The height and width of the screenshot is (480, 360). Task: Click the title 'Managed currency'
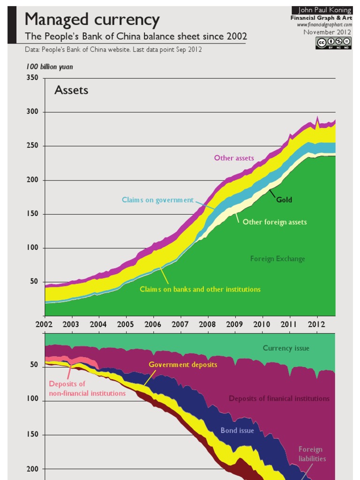click(92, 20)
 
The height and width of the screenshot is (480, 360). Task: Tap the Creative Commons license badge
click(333, 43)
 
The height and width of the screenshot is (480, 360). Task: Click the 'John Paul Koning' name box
click(322, 10)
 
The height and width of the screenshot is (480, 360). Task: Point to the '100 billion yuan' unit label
click(50, 67)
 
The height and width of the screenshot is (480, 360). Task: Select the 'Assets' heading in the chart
click(71, 90)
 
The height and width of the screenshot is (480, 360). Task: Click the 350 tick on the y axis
click(32, 78)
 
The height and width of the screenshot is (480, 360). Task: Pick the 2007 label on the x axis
click(180, 324)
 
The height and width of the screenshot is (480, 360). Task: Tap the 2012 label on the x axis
click(317, 324)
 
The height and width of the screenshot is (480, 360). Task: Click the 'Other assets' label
click(234, 158)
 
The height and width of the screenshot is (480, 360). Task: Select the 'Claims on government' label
click(157, 200)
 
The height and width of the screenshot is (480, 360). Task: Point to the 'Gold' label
click(284, 200)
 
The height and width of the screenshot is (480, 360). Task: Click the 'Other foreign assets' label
click(275, 222)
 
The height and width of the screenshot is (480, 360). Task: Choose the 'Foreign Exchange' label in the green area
click(277, 259)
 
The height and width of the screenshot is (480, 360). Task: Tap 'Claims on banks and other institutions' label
click(200, 289)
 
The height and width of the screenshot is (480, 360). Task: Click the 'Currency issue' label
click(286, 348)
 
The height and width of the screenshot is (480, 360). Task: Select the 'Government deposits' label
click(183, 365)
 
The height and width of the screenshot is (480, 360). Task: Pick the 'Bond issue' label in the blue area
click(237, 430)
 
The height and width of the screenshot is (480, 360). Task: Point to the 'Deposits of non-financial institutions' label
click(87, 389)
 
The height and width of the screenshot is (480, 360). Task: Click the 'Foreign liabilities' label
click(312, 454)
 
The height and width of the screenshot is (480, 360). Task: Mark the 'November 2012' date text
click(327, 32)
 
